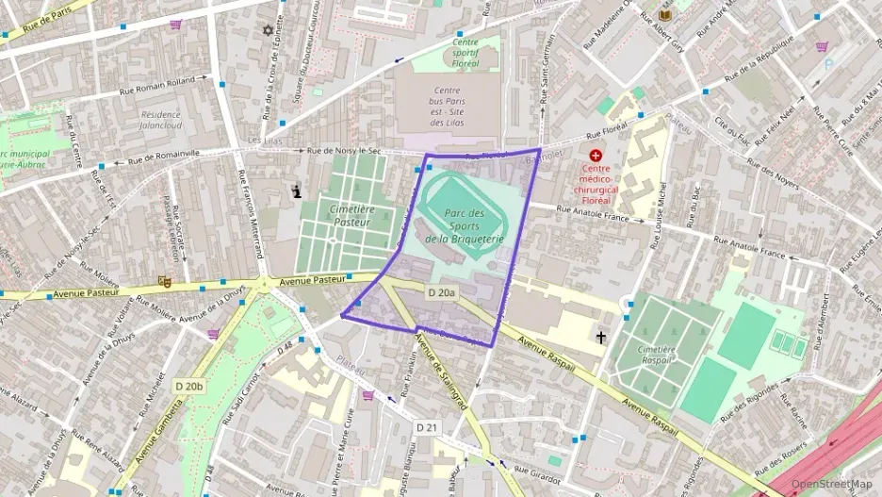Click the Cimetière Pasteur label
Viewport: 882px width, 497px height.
[352, 215]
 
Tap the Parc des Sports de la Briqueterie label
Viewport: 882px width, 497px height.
[464, 226]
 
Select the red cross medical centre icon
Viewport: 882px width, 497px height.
[595, 155]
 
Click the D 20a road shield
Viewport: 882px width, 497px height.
[441, 293]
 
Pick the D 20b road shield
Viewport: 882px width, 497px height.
[189, 386]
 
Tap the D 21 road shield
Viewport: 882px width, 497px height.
[427, 427]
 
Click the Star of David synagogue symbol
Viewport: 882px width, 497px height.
[268, 30]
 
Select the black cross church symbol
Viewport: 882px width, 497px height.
[600, 336]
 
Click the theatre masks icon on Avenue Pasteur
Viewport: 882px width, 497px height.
[164, 281]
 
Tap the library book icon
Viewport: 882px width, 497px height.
[666, 16]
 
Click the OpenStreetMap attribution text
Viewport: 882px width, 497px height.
[831, 484]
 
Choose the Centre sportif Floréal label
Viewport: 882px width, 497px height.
[465, 52]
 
